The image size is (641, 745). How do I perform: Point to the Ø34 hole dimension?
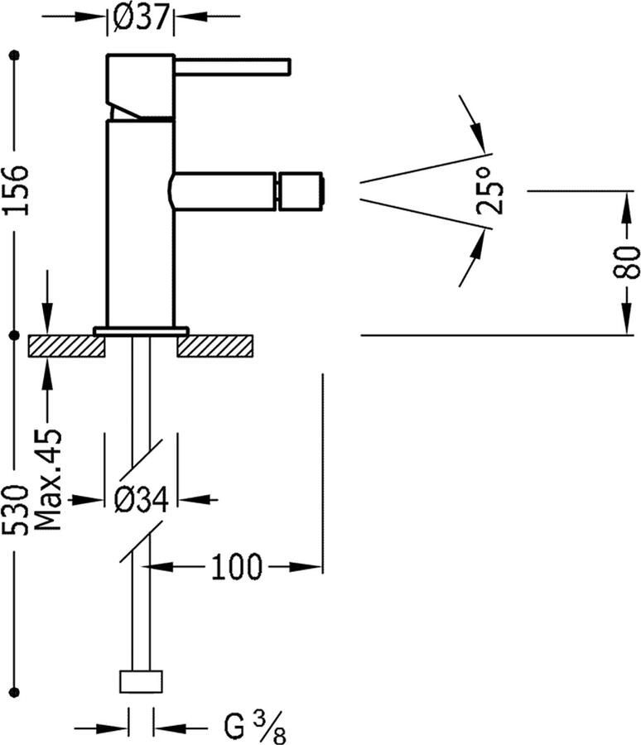[142, 499]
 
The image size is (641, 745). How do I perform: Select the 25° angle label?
[490, 193]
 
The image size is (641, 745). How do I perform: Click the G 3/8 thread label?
[253, 728]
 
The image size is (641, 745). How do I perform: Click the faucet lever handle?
[232, 66]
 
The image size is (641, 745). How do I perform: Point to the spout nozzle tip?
[303, 190]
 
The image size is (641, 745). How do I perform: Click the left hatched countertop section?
[67, 345]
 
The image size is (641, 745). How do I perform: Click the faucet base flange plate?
[141, 330]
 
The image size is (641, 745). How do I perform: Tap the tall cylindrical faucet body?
[141, 223]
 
